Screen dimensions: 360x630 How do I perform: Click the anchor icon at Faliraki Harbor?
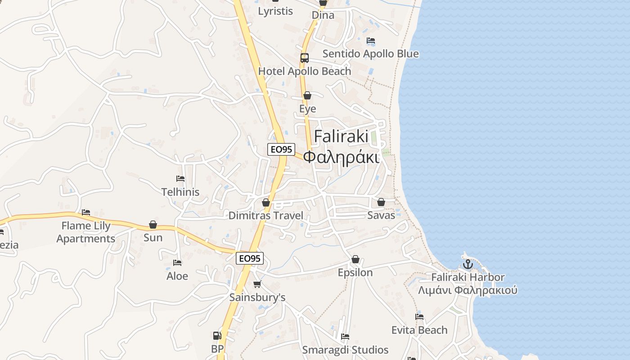click(x=468, y=264)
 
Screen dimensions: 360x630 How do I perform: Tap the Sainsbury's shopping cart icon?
click(x=257, y=284)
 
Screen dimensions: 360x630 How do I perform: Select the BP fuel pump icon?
click(x=217, y=336)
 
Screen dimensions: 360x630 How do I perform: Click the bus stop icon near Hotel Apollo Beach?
click(x=305, y=58)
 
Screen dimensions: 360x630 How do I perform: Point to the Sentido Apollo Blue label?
click(x=370, y=54)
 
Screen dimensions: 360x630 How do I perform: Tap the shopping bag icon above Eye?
click(x=307, y=95)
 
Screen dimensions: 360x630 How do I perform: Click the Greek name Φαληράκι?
click(x=341, y=157)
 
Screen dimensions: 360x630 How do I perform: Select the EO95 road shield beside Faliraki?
click(x=281, y=149)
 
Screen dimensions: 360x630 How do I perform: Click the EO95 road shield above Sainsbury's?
click(x=250, y=258)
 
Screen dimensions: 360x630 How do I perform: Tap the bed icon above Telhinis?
click(x=180, y=179)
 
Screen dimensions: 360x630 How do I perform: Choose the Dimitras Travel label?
click(x=266, y=216)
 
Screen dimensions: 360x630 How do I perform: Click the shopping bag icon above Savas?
click(x=381, y=202)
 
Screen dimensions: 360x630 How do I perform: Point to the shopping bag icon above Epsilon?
click(x=355, y=259)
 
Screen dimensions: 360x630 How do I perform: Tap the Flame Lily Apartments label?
click(x=86, y=232)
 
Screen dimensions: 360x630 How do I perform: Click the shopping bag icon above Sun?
click(x=153, y=225)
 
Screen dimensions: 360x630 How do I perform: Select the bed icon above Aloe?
click(x=177, y=263)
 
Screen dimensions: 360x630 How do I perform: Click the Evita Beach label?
click(x=419, y=330)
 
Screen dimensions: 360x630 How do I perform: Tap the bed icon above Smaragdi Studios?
click(x=345, y=337)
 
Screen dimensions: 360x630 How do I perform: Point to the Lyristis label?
click(x=275, y=11)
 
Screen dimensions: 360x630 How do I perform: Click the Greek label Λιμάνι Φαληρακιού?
click(x=468, y=290)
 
